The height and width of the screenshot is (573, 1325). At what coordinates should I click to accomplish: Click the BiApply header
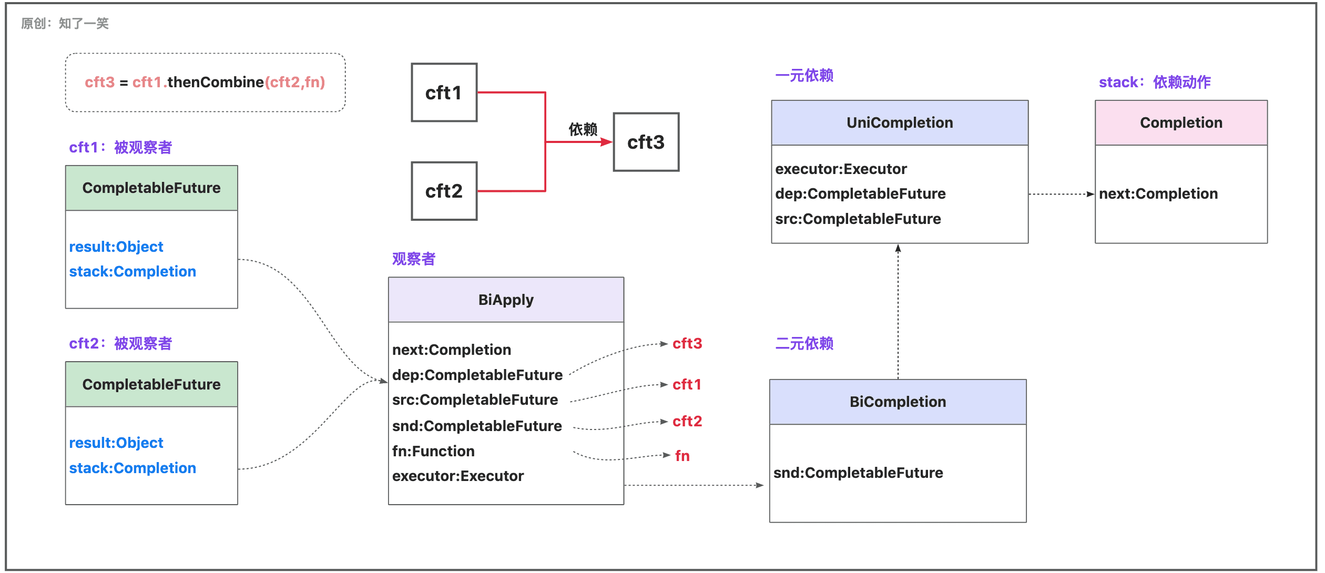click(506, 300)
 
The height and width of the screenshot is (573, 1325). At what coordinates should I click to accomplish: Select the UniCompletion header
click(900, 122)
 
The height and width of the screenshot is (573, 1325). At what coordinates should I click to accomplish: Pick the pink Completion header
click(1181, 122)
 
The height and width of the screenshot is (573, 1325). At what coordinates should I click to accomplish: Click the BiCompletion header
click(898, 402)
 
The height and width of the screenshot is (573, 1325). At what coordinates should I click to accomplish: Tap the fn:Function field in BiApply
click(433, 451)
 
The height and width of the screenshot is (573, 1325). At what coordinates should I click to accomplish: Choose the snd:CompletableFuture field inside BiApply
click(477, 426)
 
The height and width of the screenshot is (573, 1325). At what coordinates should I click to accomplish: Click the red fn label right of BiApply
click(682, 456)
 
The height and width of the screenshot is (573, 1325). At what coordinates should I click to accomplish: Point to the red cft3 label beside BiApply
click(687, 343)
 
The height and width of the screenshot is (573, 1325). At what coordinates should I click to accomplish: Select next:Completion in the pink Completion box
click(1158, 194)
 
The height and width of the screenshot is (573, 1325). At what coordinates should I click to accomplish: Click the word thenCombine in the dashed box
click(216, 82)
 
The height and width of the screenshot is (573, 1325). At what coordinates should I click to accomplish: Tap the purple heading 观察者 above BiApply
click(414, 259)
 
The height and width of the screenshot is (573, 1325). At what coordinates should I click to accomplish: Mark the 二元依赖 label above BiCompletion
click(804, 343)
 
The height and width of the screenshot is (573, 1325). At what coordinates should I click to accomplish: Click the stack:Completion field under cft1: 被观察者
click(132, 271)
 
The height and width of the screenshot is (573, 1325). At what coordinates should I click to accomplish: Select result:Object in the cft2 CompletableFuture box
click(116, 443)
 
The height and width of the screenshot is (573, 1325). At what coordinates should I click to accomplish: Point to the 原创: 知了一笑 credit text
click(65, 23)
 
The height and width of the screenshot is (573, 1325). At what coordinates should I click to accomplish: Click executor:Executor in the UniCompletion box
click(841, 169)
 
